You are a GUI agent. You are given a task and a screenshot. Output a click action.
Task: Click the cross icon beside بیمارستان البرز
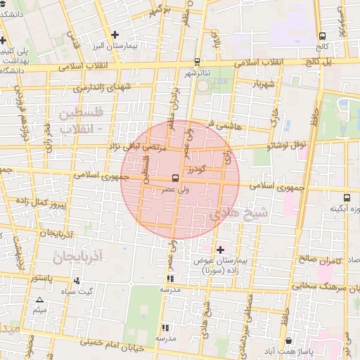click(115, 34)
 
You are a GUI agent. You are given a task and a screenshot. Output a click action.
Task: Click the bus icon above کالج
click(323, 36)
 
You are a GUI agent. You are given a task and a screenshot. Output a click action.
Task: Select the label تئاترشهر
click(198, 72)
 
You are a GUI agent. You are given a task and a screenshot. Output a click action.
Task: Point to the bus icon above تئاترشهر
click(198, 62)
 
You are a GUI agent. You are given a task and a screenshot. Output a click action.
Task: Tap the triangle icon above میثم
click(39, 300)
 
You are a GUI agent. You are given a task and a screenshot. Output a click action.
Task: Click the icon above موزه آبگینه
click(346, 198)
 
